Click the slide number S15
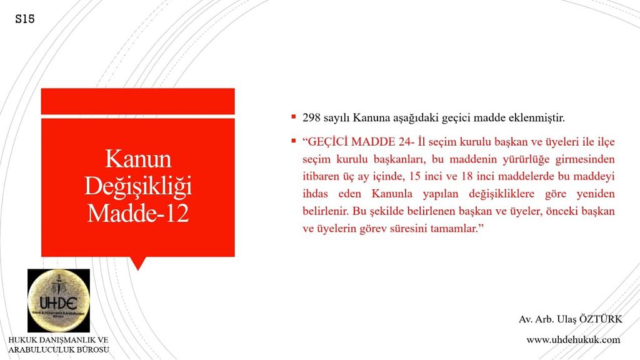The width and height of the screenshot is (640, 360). [x=25, y=19]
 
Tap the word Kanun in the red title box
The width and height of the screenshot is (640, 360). [x=138, y=159]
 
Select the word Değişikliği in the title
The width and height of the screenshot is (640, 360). [x=138, y=186]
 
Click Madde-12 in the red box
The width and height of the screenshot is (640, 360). [x=138, y=213]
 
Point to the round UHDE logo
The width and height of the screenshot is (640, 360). [x=59, y=301]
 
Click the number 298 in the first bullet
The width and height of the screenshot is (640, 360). [x=311, y=118]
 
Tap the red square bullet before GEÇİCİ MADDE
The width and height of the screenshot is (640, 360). [x=294, y=141]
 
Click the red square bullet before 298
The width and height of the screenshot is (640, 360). [x=294, y=117]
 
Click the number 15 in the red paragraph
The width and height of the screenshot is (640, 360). [x=415, y=176]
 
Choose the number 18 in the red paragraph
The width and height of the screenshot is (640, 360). [x=467, y=176]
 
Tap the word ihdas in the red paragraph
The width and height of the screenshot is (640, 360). [x=315, y=194]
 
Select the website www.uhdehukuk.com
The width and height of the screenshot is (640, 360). [x=573, y=339]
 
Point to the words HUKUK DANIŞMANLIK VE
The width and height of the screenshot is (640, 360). [x=58, y=339]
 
